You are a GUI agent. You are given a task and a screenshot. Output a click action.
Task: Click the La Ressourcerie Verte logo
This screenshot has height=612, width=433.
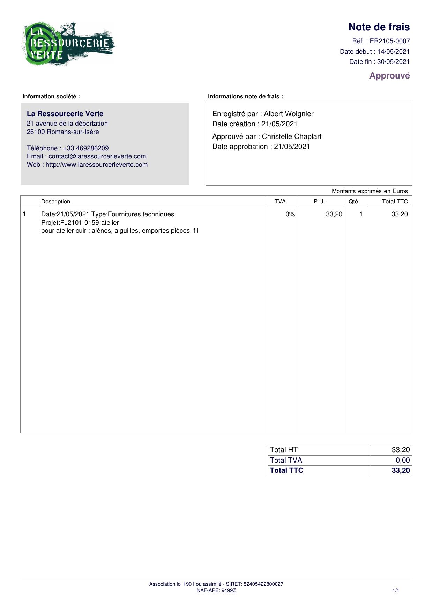click(x=68, y=44)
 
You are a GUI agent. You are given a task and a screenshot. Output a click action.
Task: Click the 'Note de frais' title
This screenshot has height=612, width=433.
click(x=379, y=27)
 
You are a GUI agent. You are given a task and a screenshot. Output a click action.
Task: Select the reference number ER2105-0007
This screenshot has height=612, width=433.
click(x=390, y=41)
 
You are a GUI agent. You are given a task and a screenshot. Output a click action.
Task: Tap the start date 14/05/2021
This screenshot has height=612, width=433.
click(x=393, y=52)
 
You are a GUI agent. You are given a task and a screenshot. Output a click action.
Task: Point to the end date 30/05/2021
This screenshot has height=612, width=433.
click(x=393, y=62)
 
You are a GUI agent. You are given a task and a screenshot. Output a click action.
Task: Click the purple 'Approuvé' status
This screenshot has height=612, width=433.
click(x=389, y=76)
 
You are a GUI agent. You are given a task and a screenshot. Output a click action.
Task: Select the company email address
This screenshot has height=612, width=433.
click(x=97, y=156)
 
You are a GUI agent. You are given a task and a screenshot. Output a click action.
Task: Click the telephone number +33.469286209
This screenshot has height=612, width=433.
click(x=86, y=148)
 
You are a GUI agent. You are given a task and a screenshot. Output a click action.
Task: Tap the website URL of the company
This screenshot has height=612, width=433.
click(x=97, y=165)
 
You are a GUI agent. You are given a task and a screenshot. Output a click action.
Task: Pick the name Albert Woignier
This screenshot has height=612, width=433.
click(x=289, y=114)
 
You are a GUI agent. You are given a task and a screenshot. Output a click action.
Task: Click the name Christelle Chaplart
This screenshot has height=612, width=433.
click(x=291, y=137)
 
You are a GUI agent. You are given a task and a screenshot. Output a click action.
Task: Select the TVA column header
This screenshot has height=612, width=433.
click(x=280, y=201)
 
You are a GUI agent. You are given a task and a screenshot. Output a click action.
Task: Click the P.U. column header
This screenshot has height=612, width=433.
click(x=319, y=201)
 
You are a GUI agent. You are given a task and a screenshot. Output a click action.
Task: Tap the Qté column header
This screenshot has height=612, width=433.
click(x=353, y=201)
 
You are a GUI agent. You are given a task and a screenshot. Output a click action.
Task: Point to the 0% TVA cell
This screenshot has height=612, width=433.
click(x=290, y=214)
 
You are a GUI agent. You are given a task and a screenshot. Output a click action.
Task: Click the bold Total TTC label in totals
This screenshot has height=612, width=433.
click(x=286, y=470)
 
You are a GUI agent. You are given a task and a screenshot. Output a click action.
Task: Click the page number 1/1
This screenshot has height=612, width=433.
click(x=396, y=590)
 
